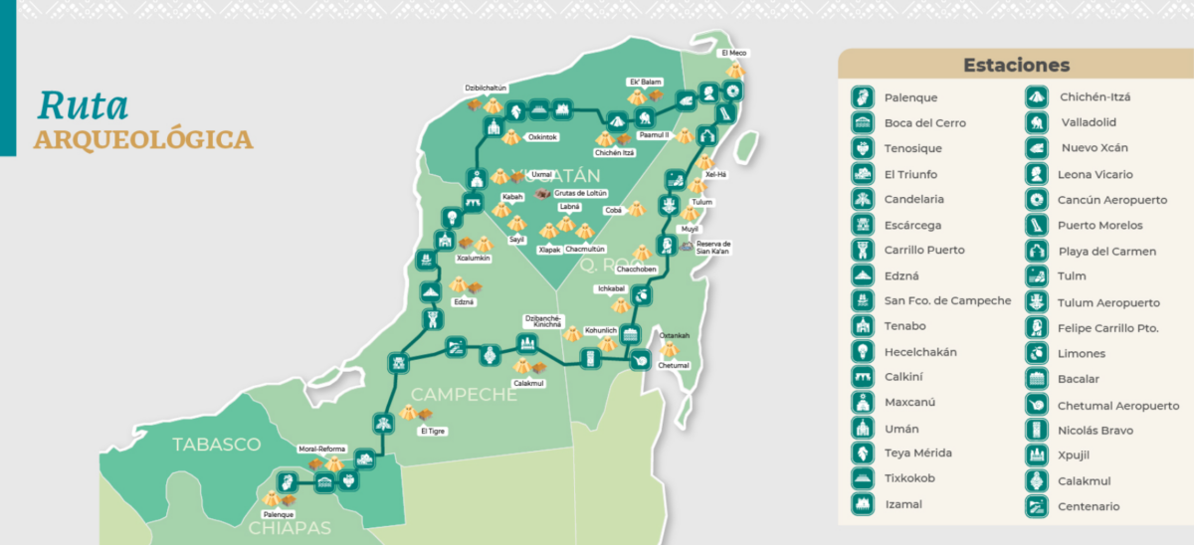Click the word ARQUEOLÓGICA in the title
click(x=143, y=139)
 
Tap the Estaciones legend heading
click(x=1016, y=66)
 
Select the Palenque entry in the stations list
click(x=910, y=97)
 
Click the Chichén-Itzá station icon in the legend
click(x=1037, y=97)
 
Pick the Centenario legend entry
click(x=1089, y=507)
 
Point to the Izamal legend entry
click(x=902, y=504)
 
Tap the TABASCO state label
click(x=216, y=445)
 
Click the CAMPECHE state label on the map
click(x=465, y=395)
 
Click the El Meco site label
click(x=734, y=53)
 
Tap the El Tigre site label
click(x=433, y=432)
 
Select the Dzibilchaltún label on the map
click(x=487, y=89)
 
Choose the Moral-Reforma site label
click(x=320, y=449)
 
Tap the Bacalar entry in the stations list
click(x=1080, y=379)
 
